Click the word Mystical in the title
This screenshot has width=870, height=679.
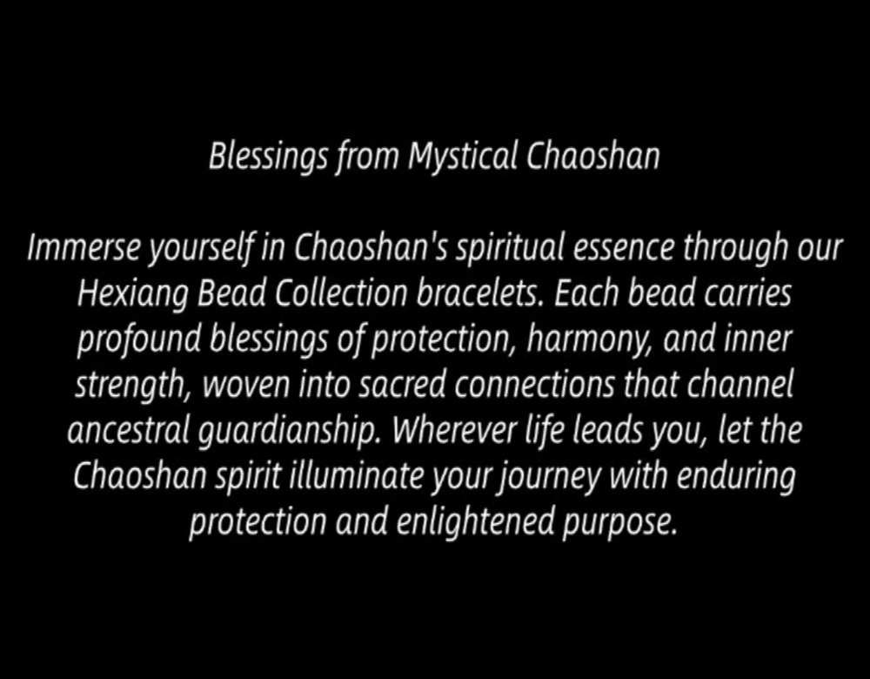pos(463,157)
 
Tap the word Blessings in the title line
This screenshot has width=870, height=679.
pos(268,157)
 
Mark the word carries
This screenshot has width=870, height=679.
pos(748,294)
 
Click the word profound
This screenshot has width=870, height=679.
pos(138,339)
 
